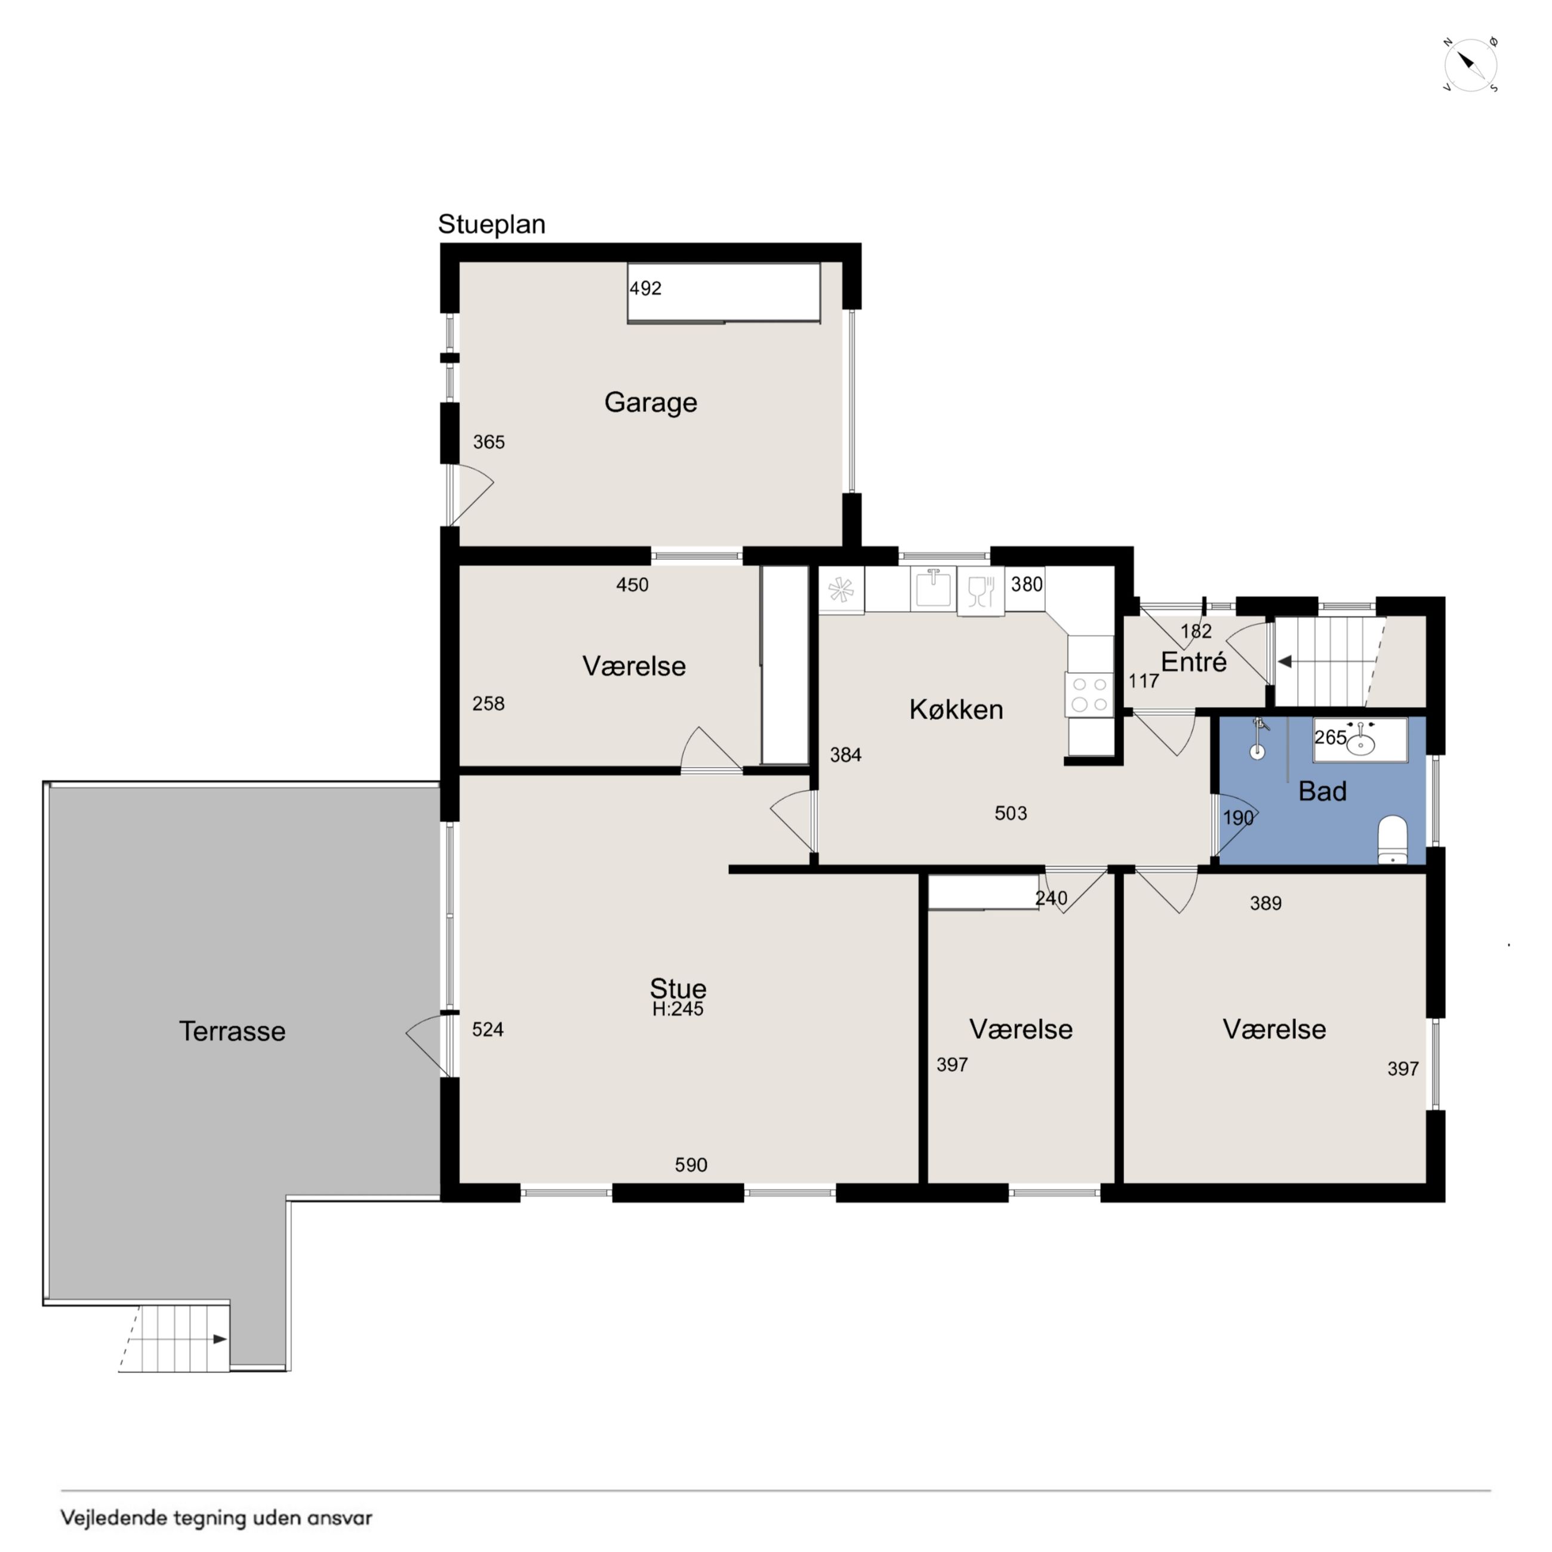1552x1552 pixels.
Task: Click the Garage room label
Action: click(x=651, y=402)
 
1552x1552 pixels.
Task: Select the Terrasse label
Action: click(x=232, y=1031)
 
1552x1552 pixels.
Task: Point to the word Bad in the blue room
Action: click(x=1322, y=792)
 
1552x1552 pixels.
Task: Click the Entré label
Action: click(x=1194, y=662)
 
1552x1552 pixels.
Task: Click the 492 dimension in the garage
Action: click(x=645, y=288)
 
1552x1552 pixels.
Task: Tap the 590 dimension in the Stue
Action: click(x=691, y=1165)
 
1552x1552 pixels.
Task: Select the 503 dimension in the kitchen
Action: click(x=1011, y=813)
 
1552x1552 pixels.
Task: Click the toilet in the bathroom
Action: click(x=1392, y=840)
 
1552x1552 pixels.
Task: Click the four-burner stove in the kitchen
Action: click(x=1089, y=695)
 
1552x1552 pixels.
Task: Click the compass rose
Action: click(x=1470, y=65)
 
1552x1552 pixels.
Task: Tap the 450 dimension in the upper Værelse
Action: click(x=632, y=585)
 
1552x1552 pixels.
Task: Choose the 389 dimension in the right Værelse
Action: click(x=1265, y=903)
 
